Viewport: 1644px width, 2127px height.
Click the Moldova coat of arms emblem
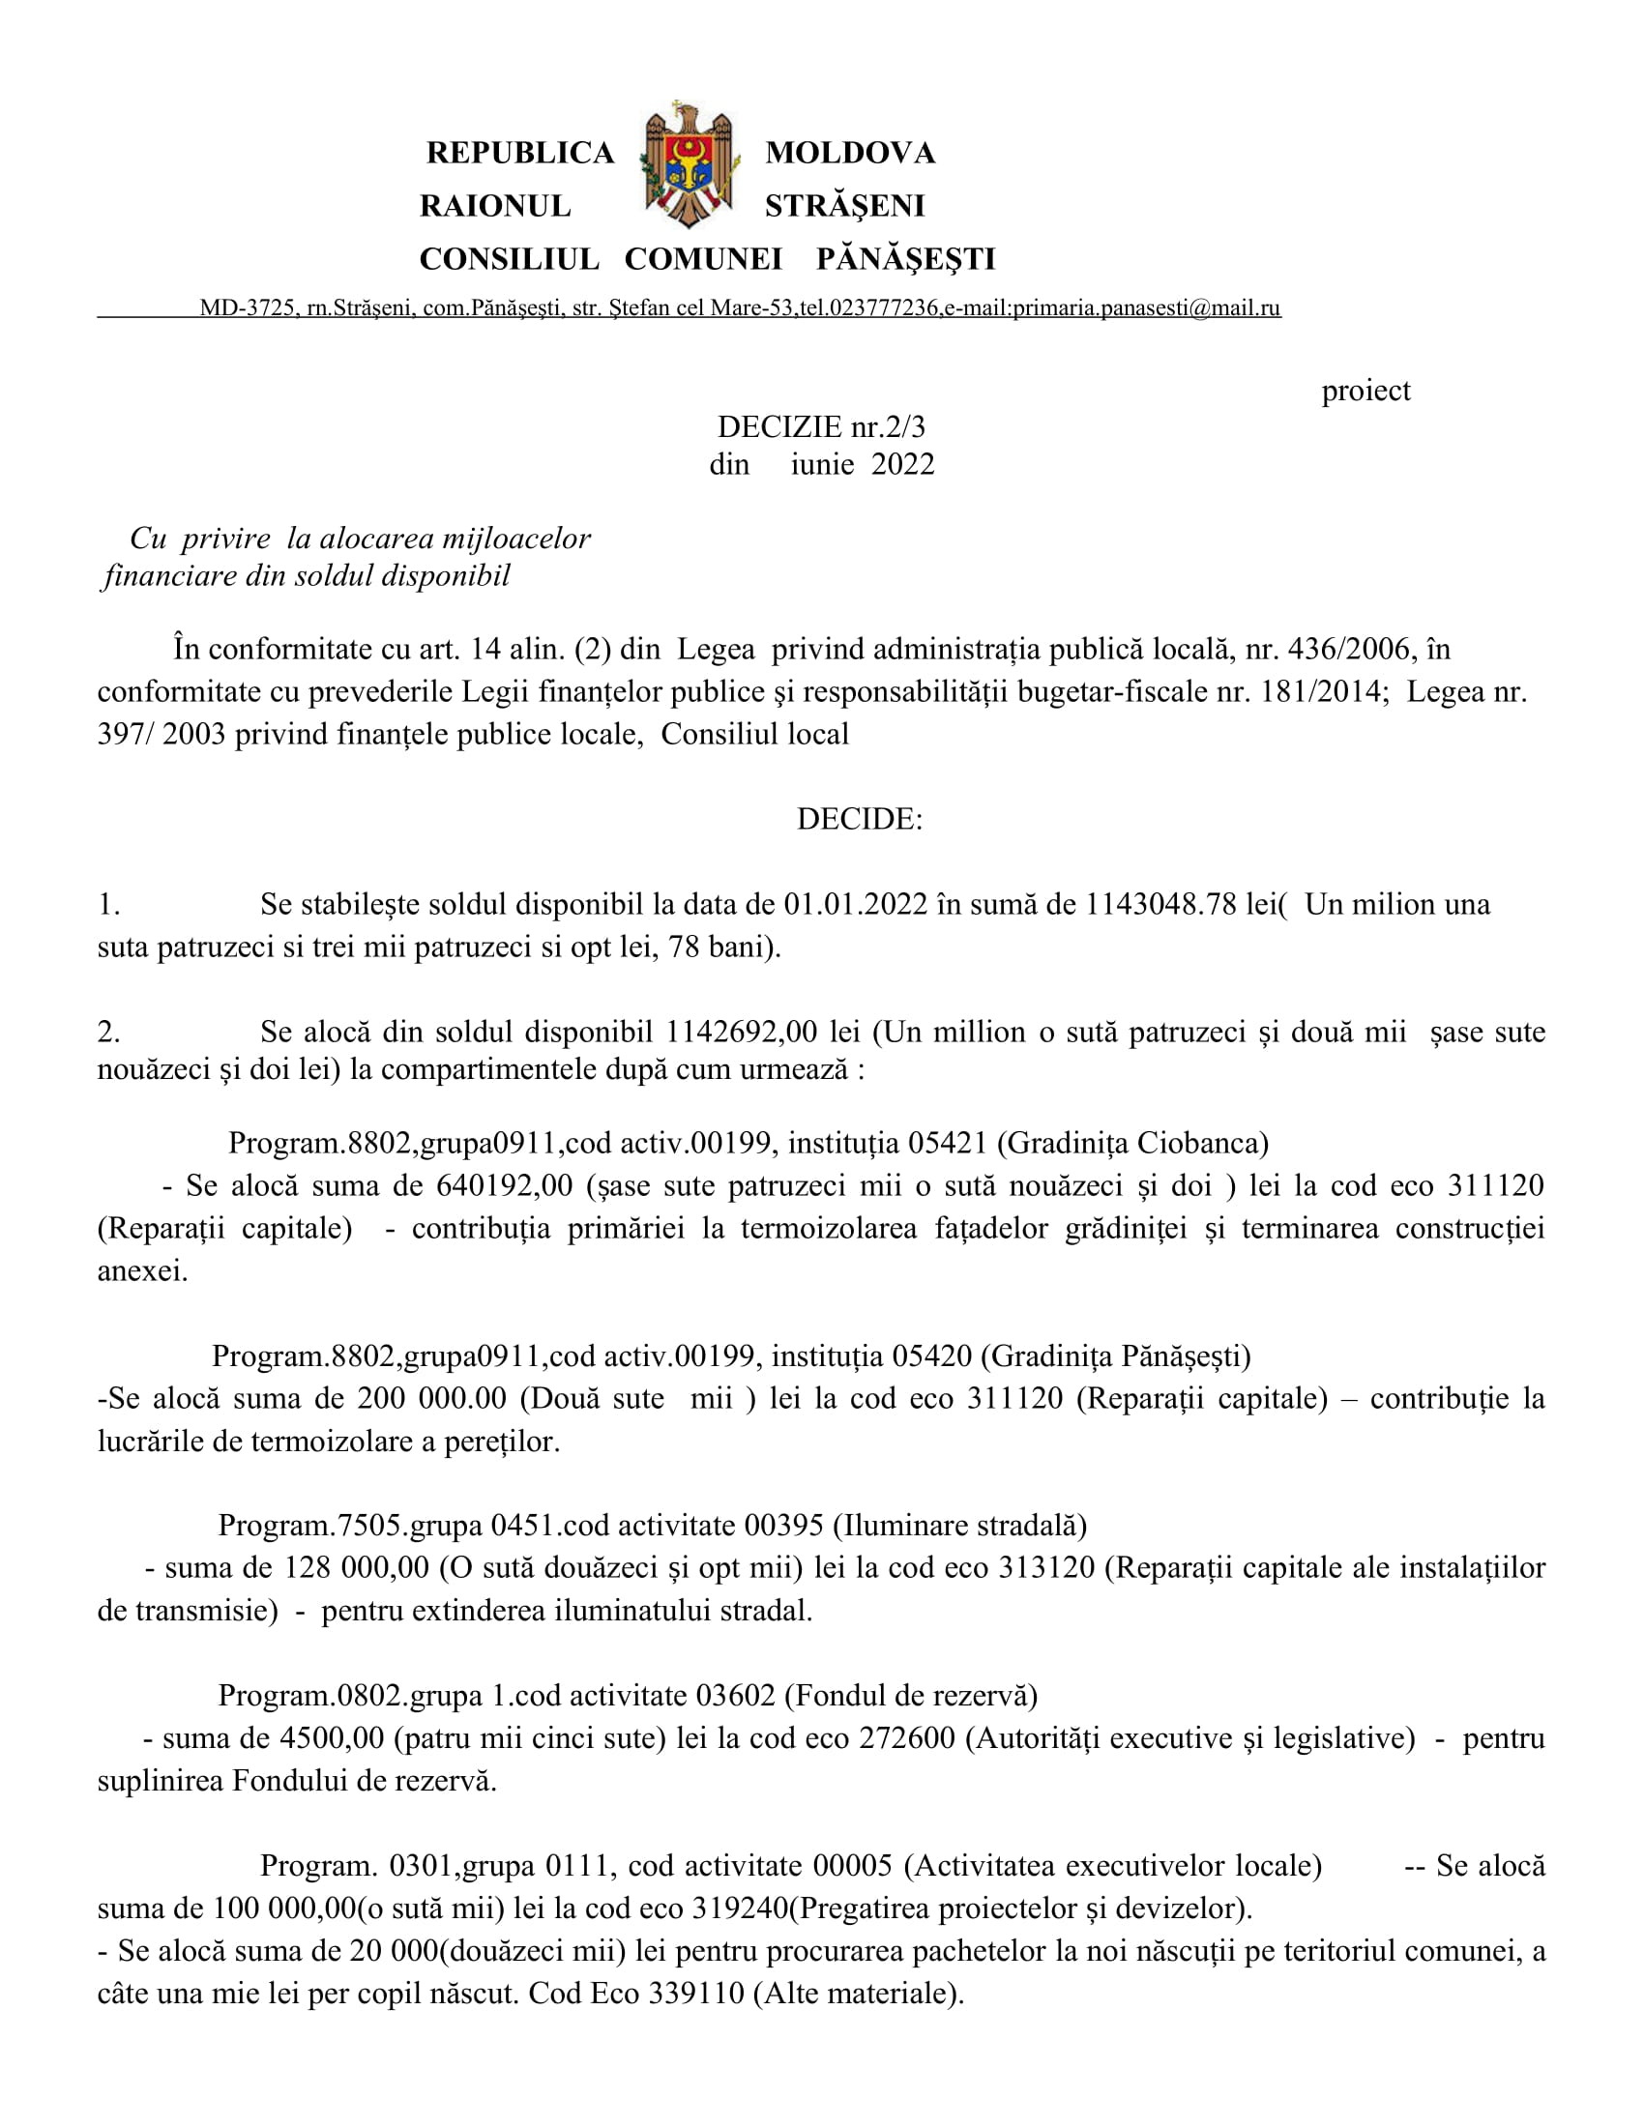pyautogui.click(x=689, y=163)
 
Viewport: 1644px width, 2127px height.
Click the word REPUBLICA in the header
pyautogui.click(x=520, y=153)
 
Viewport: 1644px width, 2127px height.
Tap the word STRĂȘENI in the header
pyautogui.click(x=844, y=206)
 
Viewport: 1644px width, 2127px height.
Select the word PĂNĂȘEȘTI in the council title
pyautogui.click(x=906, y=259)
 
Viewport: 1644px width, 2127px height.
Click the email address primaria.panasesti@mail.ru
pyautogui.click(x=1146, y=308)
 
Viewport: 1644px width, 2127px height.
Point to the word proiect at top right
pyautogui.click(x=1365, y=391)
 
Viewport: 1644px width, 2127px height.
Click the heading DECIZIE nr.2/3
pyautogui.click(x=821, y=426)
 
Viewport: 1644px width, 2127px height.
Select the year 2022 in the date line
pyautogui.click(x=902, y=464)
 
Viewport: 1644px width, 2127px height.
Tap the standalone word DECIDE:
pyautogui.click(x=859, y=819)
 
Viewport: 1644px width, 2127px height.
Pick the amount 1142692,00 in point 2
pyautogui.click(x=742, y=1033)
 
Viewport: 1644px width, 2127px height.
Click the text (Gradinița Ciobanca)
pyautogui.click(x=1132, y=1143)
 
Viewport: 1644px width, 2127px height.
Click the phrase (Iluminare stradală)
pyautogui.click(x=959, y=1525)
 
